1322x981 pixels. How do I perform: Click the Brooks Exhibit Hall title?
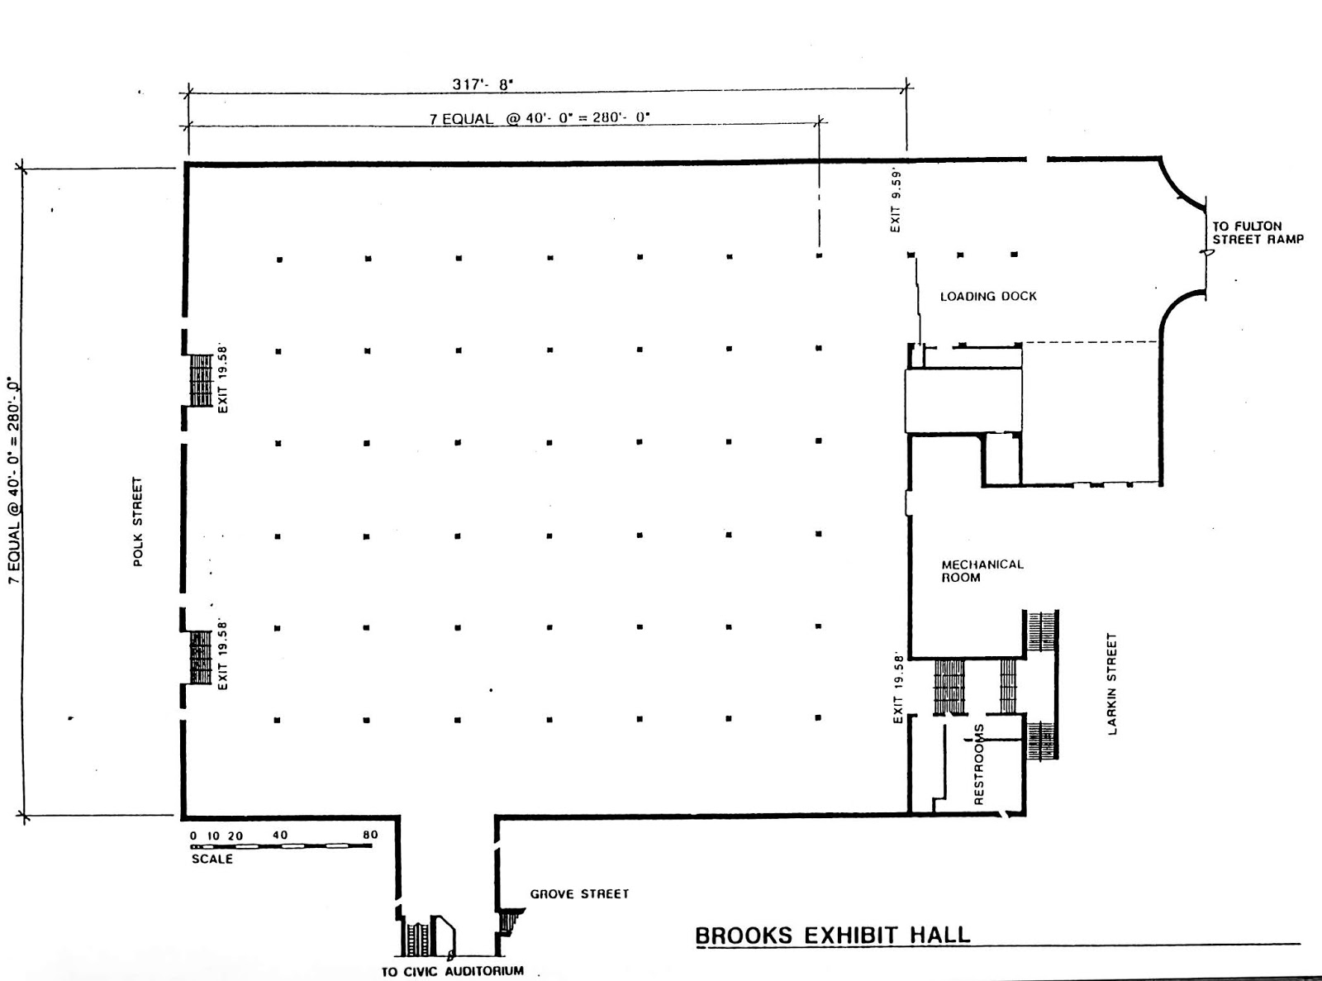click(832, 936)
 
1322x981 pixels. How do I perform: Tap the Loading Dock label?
click(988, 296)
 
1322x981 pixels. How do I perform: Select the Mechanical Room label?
click(982, 571)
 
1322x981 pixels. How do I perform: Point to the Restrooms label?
click(979, 764)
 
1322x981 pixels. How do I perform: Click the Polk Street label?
click(138, 521)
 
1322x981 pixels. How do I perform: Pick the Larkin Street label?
click(1111, 683)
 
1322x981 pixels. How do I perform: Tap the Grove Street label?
click(579, 894)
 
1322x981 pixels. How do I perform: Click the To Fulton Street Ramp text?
click(1258, 232)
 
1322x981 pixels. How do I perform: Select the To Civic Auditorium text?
click(452, 971)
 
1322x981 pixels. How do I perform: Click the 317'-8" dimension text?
click(483, 84)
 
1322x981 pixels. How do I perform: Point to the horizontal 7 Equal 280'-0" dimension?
click(539, 118)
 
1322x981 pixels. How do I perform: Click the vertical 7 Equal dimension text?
click(13, 481)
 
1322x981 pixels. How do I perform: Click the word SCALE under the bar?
click(212, 859)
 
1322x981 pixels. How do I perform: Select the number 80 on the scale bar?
click(369, 835)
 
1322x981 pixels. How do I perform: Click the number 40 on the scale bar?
click(280, 835)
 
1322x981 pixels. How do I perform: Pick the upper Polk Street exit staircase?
click(201, 380)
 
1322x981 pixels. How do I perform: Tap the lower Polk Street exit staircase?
click(201, 657)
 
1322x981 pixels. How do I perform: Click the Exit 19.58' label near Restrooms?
click(899, 689)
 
